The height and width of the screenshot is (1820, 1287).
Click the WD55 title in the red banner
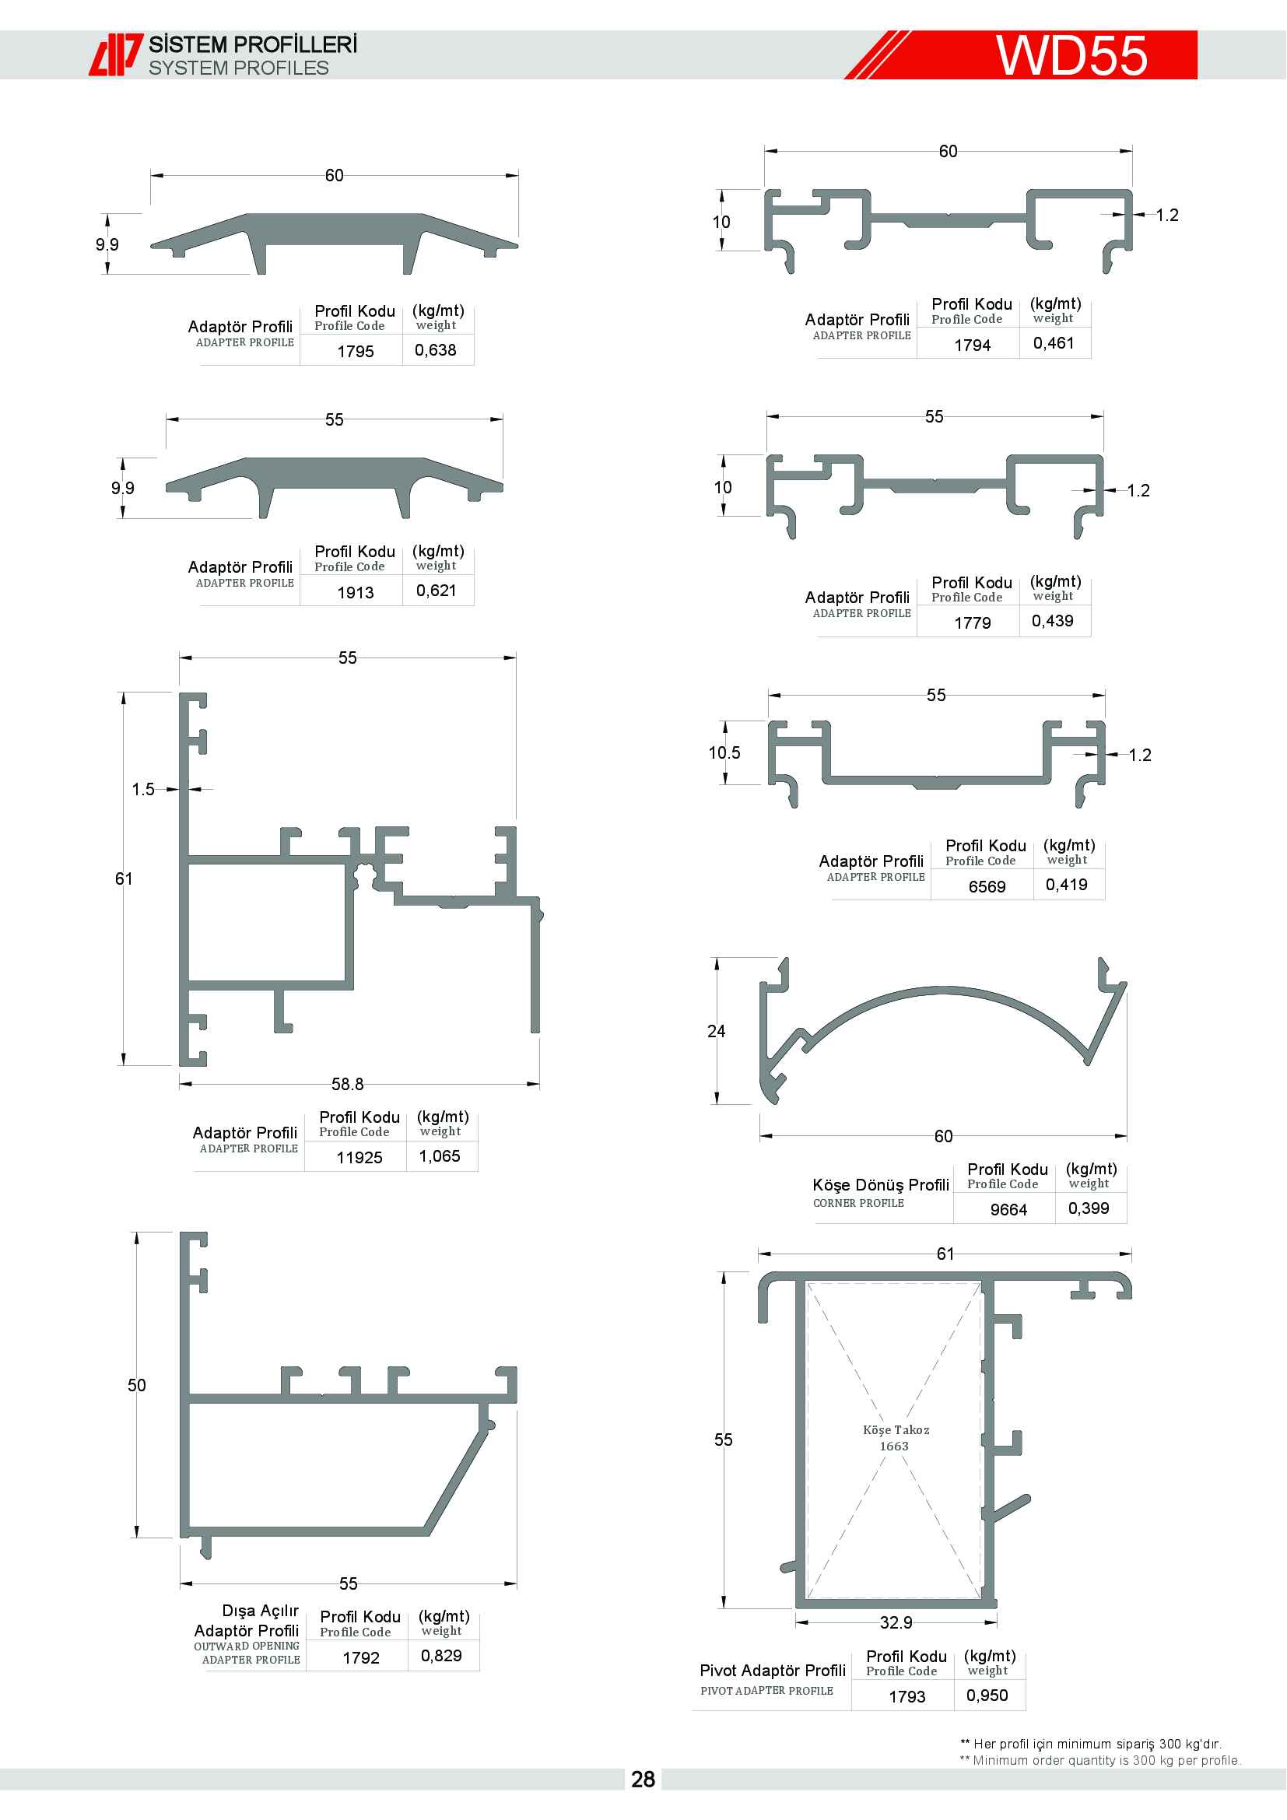1071,54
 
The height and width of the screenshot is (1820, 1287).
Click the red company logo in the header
116,54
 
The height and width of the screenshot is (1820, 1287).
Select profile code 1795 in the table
355,351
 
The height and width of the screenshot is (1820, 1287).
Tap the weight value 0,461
1054,343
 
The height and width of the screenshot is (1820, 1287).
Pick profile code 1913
355,592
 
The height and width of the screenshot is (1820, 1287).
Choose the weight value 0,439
1053,621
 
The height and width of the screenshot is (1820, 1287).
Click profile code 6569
987,886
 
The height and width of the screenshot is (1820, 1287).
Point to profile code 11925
359,1157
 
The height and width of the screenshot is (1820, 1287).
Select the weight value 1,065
440,1155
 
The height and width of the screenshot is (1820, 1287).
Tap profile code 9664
1008,1210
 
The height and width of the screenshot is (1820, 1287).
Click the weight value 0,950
987,1695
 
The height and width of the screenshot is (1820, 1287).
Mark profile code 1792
360,1657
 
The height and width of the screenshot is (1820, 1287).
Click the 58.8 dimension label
347,1084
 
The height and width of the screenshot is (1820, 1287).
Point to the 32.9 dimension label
896,1622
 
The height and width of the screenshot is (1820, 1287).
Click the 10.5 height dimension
724,752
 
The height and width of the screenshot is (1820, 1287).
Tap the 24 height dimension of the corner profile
717,1030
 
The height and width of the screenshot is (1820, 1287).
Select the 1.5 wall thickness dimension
143,789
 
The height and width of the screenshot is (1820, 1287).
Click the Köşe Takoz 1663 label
896,1437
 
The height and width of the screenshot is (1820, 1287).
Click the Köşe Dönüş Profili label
881,1184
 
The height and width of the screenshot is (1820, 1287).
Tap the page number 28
643,1779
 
